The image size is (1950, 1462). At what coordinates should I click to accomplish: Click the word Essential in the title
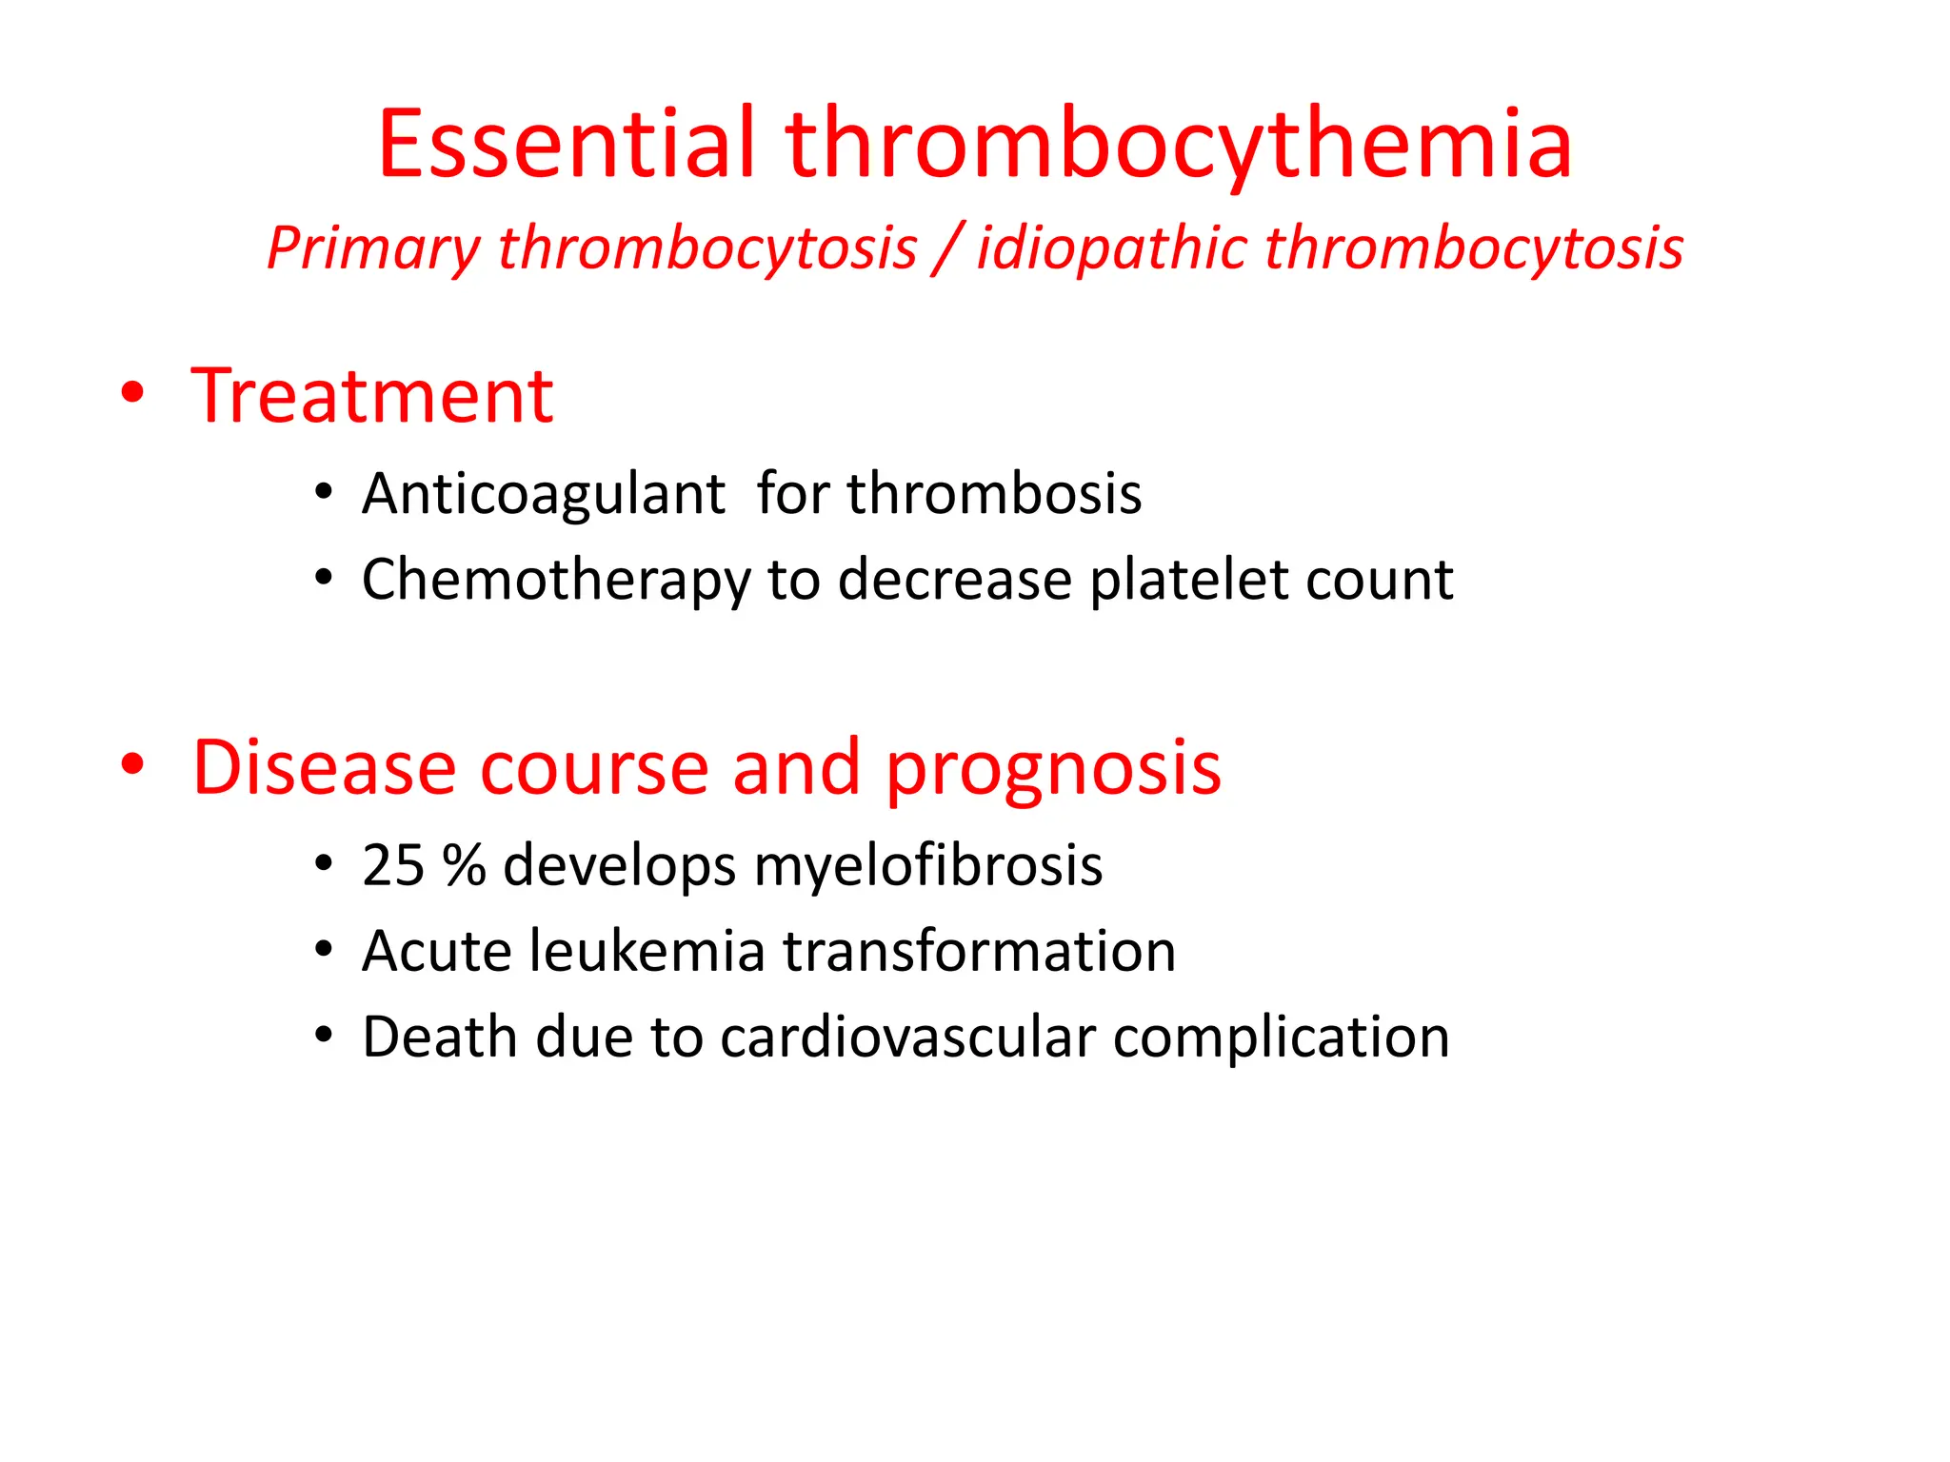coord(567,145)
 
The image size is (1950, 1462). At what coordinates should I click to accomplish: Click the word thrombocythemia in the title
coord(1179,145)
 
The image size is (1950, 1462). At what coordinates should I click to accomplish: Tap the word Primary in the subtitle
coord(373,249)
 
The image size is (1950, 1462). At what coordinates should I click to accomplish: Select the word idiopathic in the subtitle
coord(1111,249)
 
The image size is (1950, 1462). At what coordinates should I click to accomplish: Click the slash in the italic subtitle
coord(946,249)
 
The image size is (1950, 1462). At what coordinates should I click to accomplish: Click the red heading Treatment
coord(372,396)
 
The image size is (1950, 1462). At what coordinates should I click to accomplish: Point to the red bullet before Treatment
coord(133,393)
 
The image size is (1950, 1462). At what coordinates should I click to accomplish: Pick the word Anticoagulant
coord(544,495)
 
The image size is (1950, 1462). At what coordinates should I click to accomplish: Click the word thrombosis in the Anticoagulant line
coord(994,495)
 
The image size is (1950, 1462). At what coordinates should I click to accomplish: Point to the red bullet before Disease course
coord(133,763)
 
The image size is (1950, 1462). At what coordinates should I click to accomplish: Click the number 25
coord(393,866)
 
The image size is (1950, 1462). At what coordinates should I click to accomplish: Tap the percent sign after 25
coord(465,866)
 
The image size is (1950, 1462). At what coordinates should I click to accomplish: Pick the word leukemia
coord(647,952)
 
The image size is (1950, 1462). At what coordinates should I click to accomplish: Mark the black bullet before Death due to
coord(324,1036)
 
